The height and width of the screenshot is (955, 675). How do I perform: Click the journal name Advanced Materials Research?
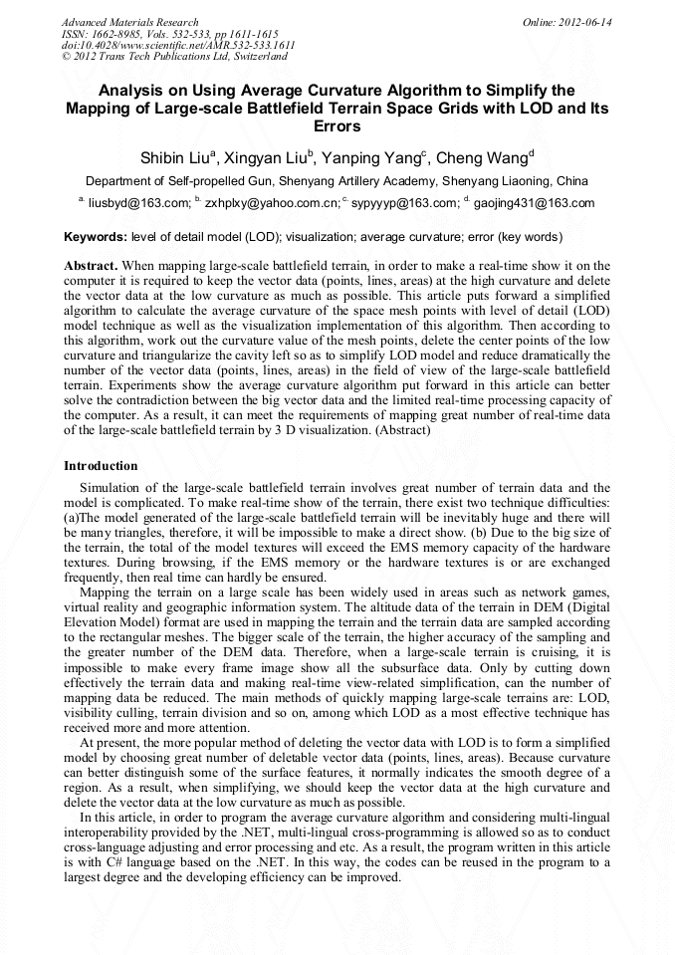(x=129, y=22)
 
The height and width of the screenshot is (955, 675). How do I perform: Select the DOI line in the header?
(x=178, y=46)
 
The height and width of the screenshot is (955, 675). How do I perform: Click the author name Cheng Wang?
(x=483, y=157)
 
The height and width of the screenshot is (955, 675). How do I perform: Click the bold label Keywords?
(x=96, y=238)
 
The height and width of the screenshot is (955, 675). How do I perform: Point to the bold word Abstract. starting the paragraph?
(x=92, y=267)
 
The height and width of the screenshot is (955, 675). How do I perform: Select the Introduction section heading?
(x=101, y=466)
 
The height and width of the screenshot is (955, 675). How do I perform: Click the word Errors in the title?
(x=337, y=127)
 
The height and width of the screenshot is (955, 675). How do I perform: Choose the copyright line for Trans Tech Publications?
(x=173, y=58)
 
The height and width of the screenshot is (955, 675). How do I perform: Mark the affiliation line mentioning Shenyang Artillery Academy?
(x=337, y=182)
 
